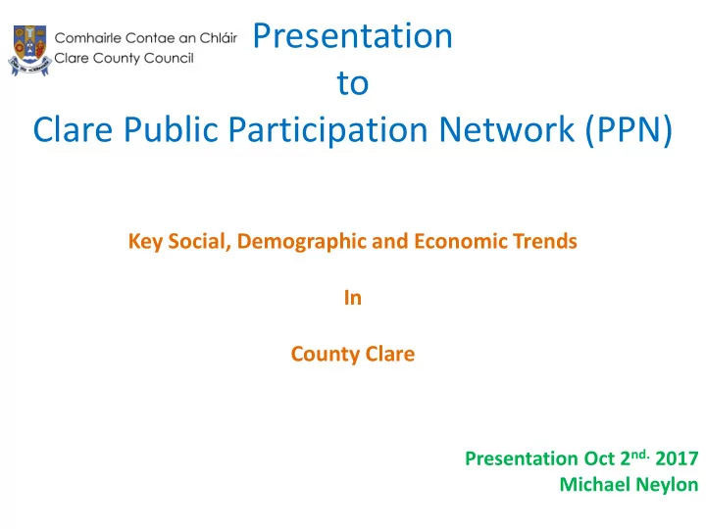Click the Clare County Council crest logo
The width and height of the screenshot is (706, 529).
29,50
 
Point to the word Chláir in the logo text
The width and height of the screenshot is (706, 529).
219,38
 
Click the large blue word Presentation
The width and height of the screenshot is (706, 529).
353,35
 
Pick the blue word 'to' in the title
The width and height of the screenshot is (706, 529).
353,83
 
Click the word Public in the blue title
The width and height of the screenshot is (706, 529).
171,129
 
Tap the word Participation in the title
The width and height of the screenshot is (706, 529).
328,130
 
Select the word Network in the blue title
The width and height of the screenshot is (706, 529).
507,129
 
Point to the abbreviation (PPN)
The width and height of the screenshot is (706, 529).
629,130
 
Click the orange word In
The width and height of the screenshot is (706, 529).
353,298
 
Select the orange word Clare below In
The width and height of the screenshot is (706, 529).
390,354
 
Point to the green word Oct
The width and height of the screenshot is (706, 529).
600,458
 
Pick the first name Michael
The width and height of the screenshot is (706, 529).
590,485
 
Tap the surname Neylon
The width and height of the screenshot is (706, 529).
663,485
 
